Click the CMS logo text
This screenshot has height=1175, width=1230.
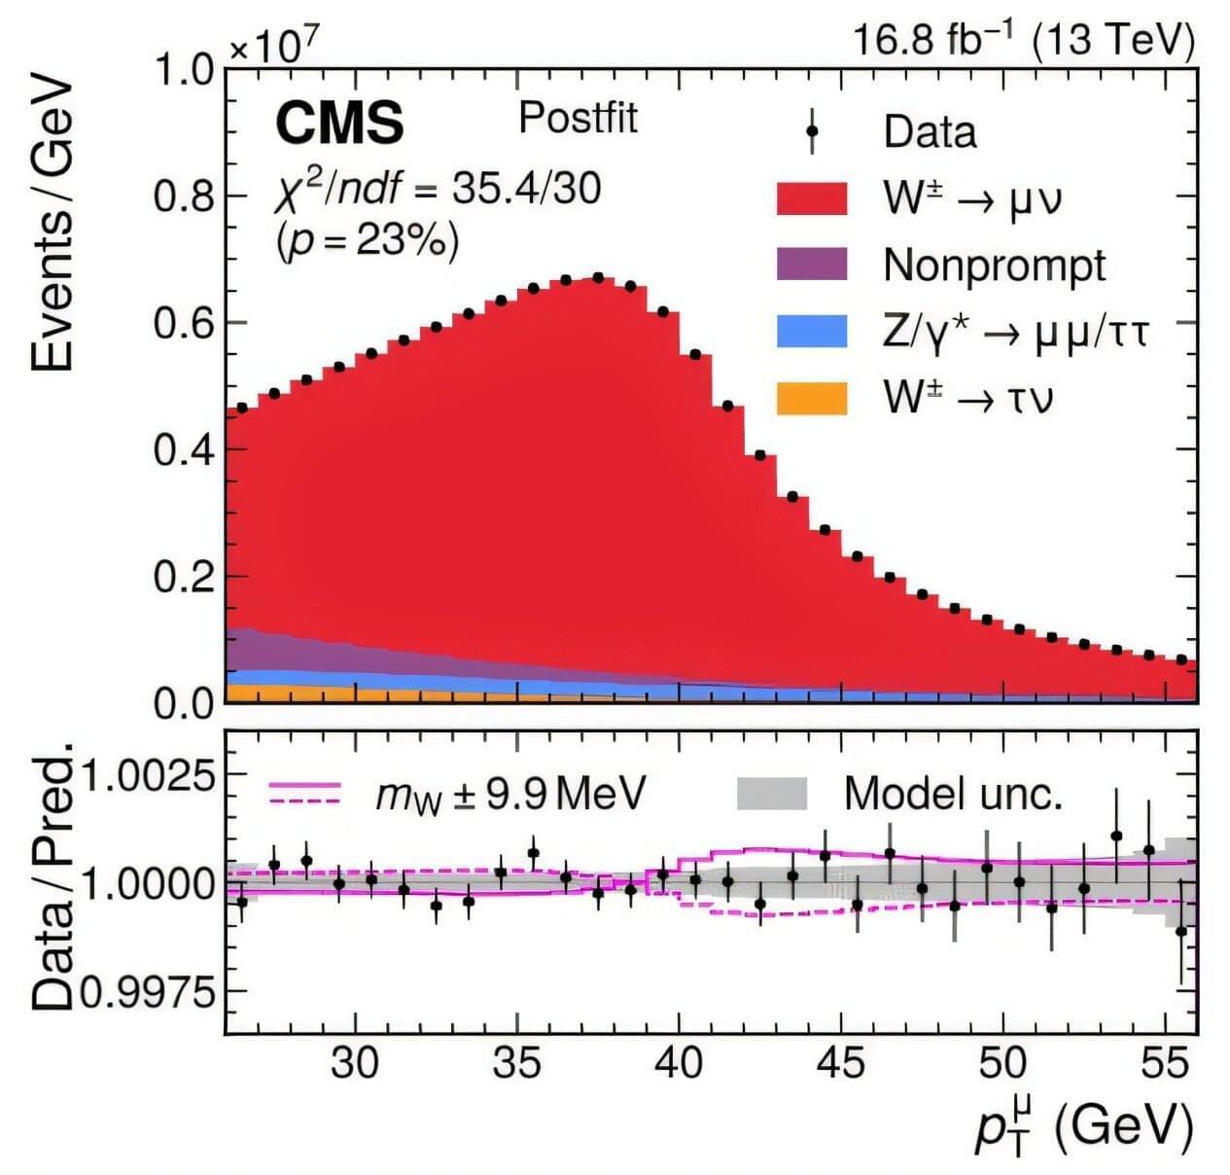point(339,124)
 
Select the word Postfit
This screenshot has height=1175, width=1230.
point(578,118)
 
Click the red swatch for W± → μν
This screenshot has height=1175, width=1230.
point(812,197)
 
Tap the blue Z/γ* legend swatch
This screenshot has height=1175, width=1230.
point(812,331)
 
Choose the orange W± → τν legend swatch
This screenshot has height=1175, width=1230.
point(812,398)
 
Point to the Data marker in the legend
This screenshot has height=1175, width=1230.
point(812,131)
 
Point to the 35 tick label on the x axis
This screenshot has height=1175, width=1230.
point(516,1063)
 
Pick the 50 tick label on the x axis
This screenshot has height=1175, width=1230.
point(1002,1063)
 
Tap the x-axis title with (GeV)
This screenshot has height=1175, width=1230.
point(1083,1125)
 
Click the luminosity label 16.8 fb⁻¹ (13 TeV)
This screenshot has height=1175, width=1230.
point(1023,41)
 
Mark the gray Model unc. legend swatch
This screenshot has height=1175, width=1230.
point(772,794)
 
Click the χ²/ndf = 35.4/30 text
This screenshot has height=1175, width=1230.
point(439,187)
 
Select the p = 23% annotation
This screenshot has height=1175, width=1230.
point(369,239)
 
